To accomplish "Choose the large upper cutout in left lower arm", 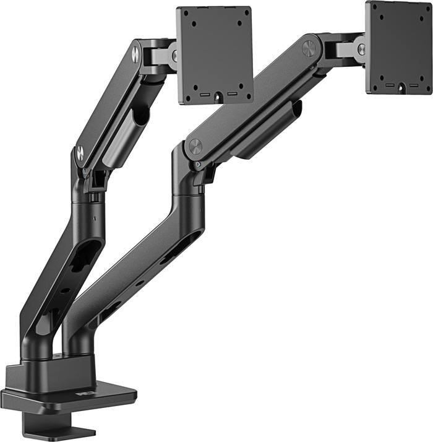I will [x=86, y=254].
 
